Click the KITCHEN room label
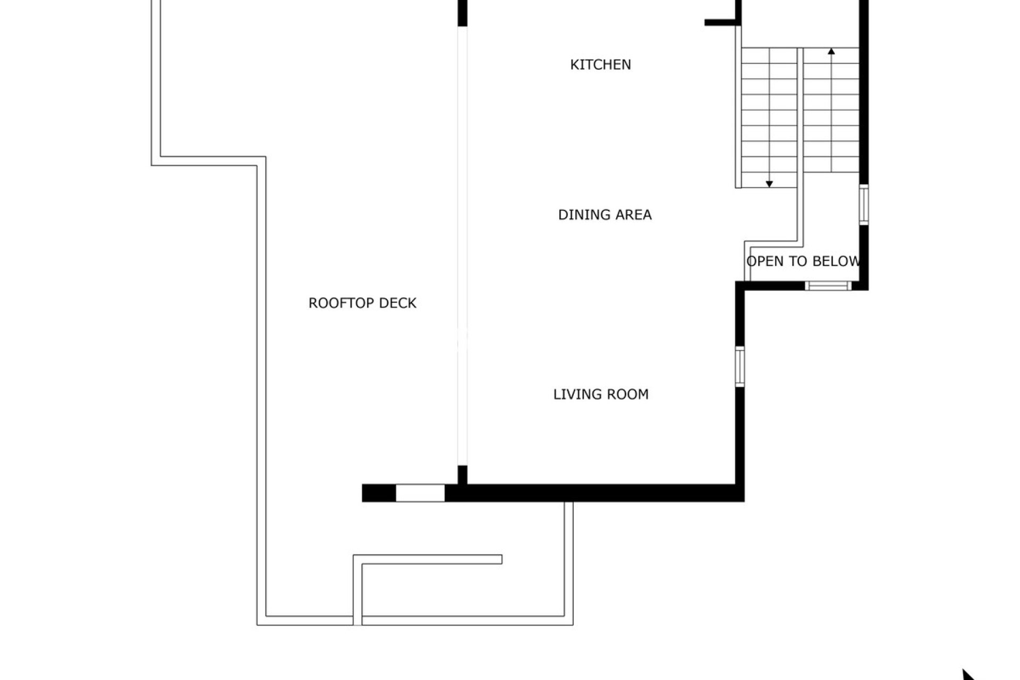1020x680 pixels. click(x=600, y=65)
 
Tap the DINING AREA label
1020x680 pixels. click(x=605, y=215)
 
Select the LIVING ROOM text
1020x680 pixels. click(x=601, y=394)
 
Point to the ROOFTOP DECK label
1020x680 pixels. click(x=362, y=303)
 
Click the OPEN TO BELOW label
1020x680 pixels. click(x=803, y=261)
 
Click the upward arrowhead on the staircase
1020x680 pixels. click(x=831, y=52)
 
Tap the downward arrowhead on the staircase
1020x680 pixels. click(x=769, y=184)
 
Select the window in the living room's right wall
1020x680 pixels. click(x=739, y=366)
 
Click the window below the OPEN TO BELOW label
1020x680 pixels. click(x=828, y=286)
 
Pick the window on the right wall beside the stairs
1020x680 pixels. click(x=864, y=205)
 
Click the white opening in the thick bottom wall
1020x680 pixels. click(x=420, y=493)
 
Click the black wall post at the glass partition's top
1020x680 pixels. click(x=463, y=13)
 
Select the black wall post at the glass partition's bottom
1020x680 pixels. click(x=463, y=474)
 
